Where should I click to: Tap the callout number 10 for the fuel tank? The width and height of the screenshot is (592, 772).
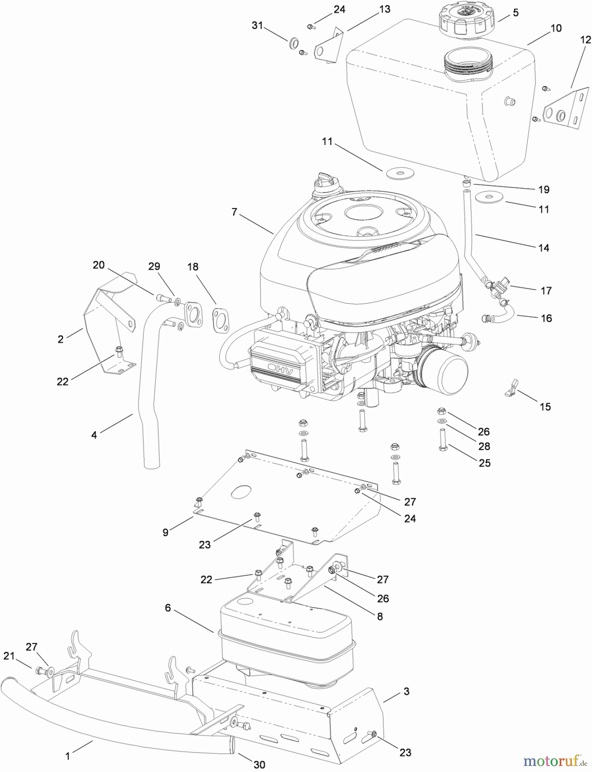556,28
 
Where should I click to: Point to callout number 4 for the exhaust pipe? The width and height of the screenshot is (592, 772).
94,435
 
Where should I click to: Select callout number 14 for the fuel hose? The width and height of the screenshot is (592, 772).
544,248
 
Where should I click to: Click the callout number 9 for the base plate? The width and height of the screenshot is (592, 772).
166,532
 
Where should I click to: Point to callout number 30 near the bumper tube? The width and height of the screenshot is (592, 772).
259,764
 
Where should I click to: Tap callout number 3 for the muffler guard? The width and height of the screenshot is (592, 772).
406,691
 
